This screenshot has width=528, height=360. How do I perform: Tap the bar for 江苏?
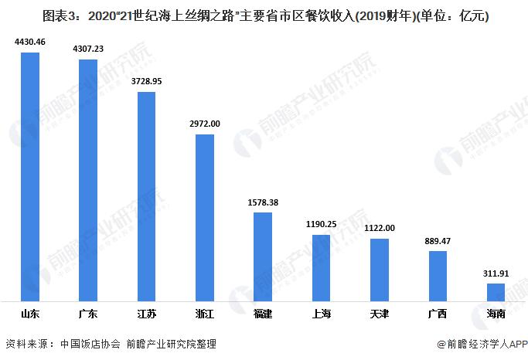[x=146, y=196]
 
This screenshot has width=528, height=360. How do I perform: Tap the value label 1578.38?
[x=263, y=203]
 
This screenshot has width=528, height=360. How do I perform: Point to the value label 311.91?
[x=496, y=274]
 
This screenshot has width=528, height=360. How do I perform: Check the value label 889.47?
[x=438, y=242]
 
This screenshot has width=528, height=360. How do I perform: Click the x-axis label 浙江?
[x=205, y=314]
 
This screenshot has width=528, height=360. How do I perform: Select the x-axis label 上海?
[x=321, y=314]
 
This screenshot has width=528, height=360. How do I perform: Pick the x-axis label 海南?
[x=496, y=314]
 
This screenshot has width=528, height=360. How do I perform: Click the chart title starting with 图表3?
[x=264, y=15]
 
